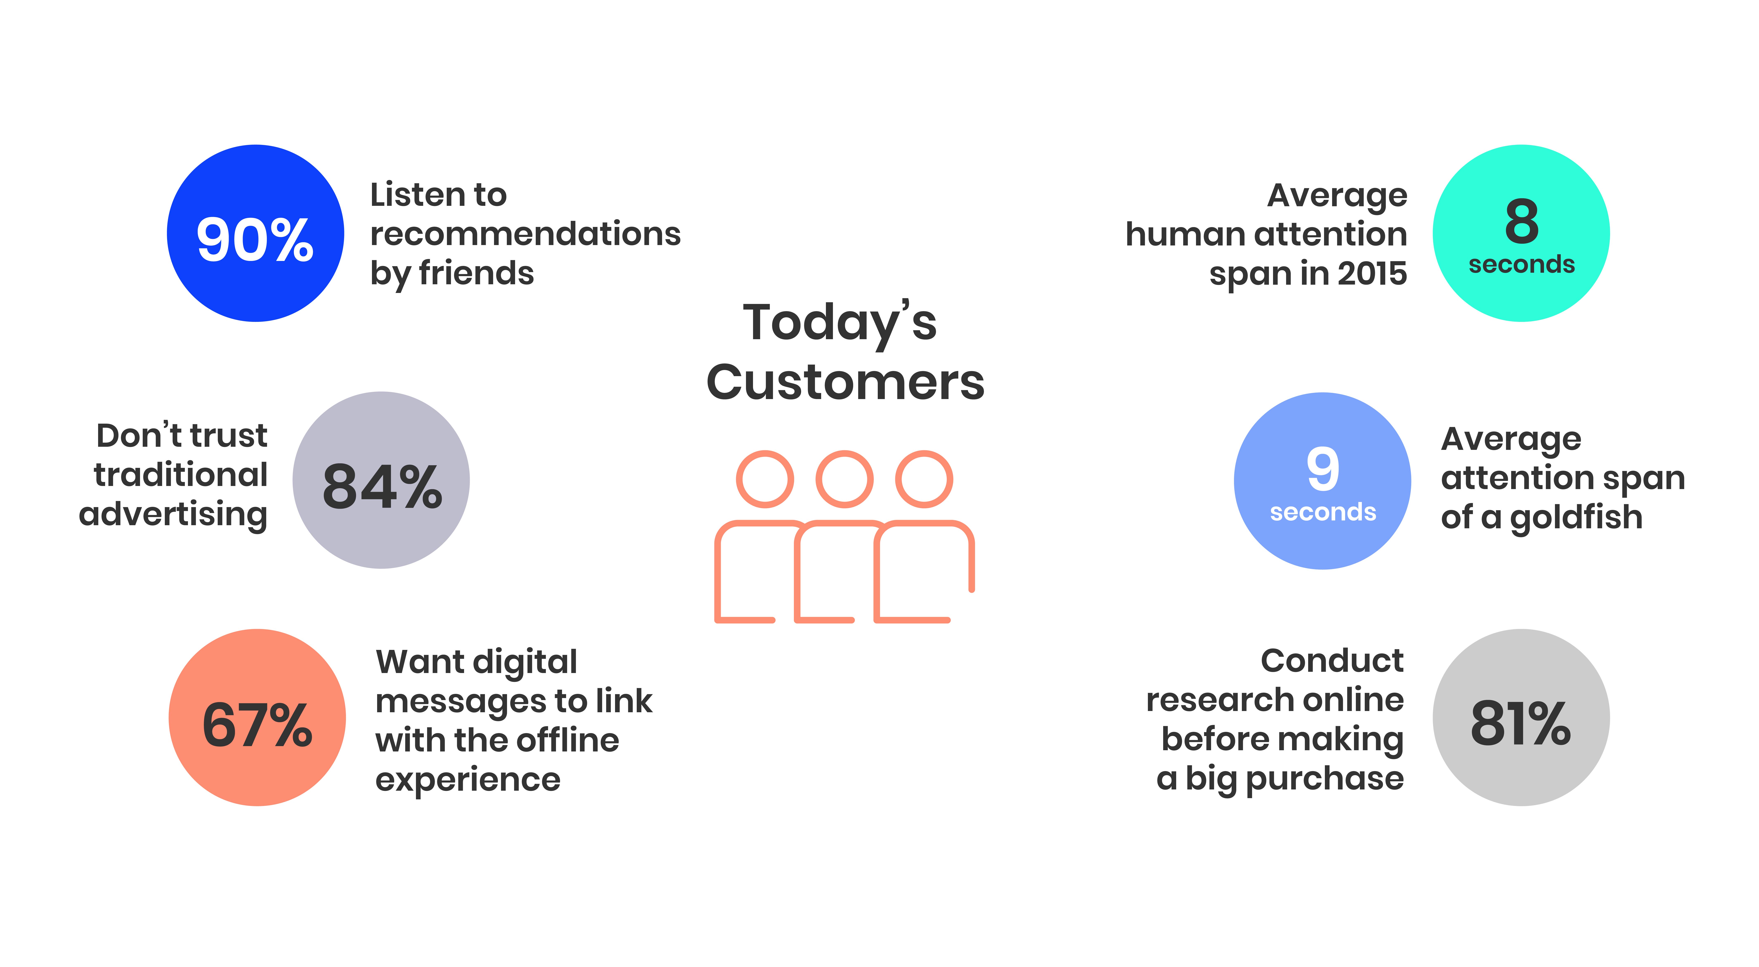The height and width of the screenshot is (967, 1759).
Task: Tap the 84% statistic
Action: (382, 487)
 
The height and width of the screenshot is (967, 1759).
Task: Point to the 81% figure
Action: (1521, 723)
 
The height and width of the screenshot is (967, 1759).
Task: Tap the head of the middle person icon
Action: (845, 479)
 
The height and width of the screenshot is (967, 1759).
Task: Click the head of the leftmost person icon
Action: (765, 479)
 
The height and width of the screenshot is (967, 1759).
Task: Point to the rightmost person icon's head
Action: (924, 479)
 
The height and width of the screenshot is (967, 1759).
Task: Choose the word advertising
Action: (173, 514)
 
